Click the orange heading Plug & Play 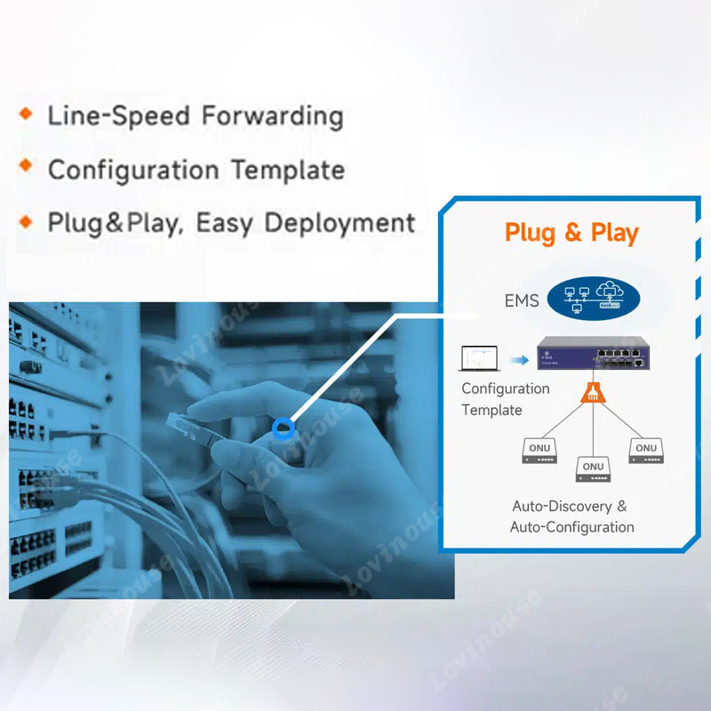coord(571,233)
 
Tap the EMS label coord(522,301)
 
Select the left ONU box coord(540,451)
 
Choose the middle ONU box coord(593,469)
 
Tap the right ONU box coord(646,451)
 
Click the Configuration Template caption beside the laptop coord(505,399)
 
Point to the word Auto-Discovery coord(562,506)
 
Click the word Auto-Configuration coord(571,527)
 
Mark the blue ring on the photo coord(284,429)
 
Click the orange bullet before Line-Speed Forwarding coord(26,114)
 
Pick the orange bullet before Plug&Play coord(26,220)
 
